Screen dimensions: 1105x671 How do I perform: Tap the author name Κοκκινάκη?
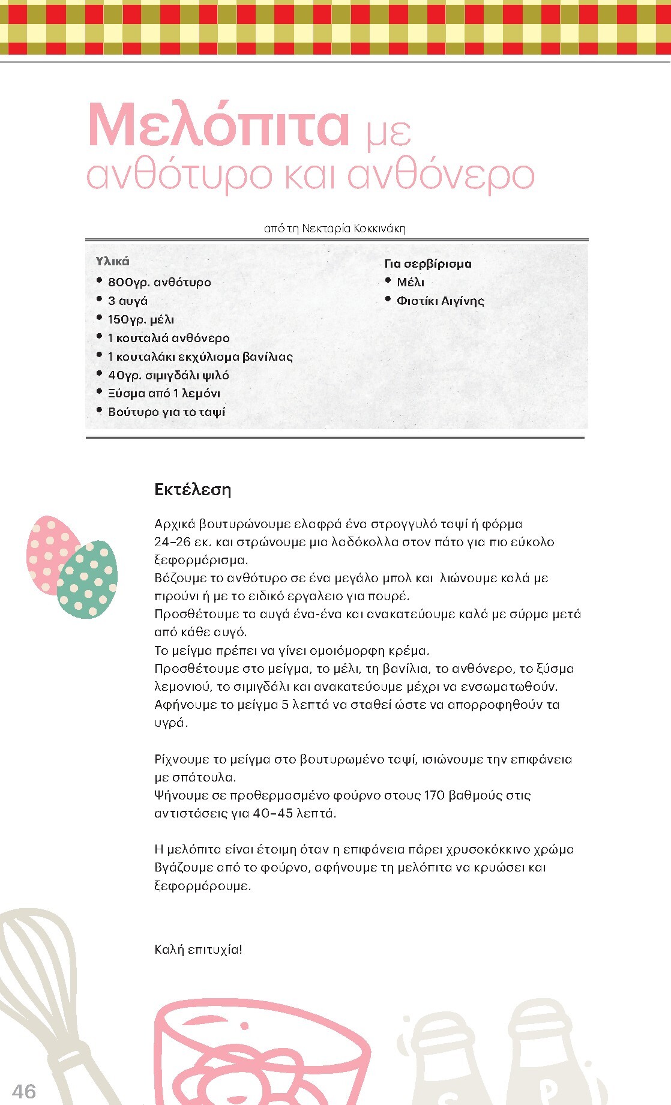pyautogui.click(x=379, y=229)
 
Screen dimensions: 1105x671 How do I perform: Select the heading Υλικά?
pyautogui.click(x=112, y=261)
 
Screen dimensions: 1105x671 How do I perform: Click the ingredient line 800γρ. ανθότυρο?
pyautogui.click(x=159, y=282)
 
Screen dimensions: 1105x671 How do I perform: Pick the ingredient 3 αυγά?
pyautogui.click(x=127, y=301)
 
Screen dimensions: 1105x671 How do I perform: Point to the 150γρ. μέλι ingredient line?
pyautogui.click(x=140, y=319)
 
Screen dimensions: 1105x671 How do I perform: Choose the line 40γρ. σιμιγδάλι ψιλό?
pyautogui.click(x=168, y=375)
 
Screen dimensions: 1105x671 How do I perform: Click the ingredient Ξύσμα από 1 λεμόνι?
pyautogui.click(x=164, y=394)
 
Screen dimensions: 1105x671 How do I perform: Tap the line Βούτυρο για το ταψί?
pyautogui.click(x=166, y=412)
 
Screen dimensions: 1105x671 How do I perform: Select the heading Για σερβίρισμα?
pyautogui.click(x=428, y=263)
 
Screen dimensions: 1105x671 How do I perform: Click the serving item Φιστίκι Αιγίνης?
pyautogui.click(x=440, y=301)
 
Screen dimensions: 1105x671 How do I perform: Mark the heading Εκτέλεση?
pyautogui.click(x=193, y=490)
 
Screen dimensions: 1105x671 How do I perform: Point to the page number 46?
pyautogui.click(x=24, y=1091)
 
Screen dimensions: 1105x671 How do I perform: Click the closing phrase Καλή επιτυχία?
pyautogui.click(x=198, y=950)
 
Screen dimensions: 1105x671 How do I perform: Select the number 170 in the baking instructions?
pyautogui.click(x=434, y=795)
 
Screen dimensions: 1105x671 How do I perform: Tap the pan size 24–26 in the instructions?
pyautogui.click(x=173, y=542)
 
